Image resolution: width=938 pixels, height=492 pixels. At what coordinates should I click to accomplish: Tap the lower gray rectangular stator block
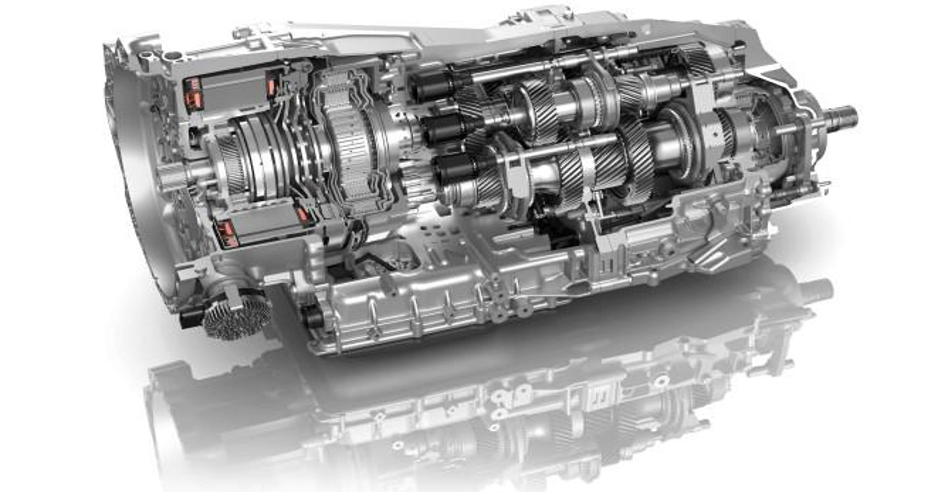(262, 225)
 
